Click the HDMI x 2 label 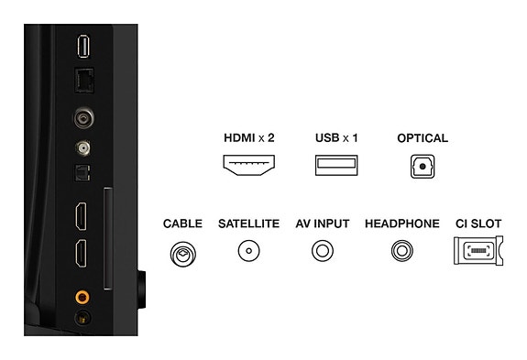(249, 138)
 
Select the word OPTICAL (423, 138)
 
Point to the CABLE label (182, 224)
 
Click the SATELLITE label (248, 224)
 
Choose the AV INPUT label (322, 224)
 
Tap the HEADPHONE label (401, 224)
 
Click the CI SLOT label (478, 224)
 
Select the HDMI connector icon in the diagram (249, 166)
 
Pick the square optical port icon (423, 166)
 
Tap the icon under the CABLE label (182, 252)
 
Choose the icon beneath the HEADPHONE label (401, 251)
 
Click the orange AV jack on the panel (82, 297)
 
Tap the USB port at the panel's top (82, 45)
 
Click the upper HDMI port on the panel (82, 216)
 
